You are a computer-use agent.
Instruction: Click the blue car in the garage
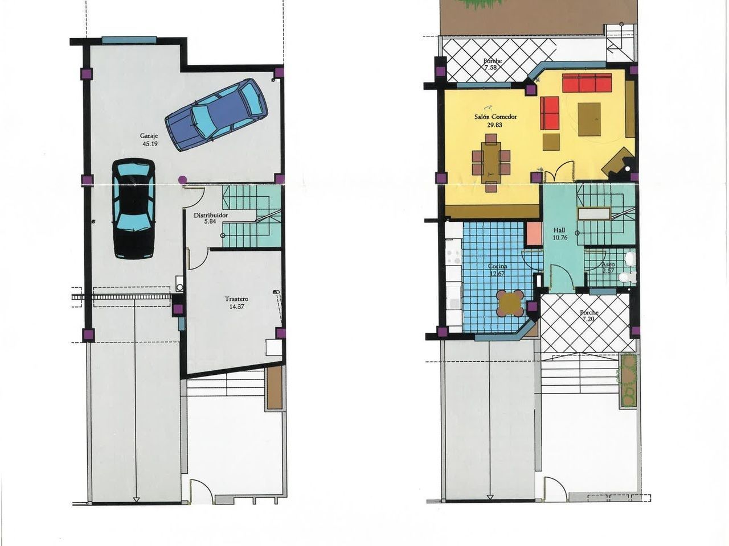pyautogui.click(x=216, y=115)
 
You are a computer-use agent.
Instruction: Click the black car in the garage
pyautogui.click(x=133, y=209)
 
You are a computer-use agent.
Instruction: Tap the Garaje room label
pyautogui.click(x=149, y=135)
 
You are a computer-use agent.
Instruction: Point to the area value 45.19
pyautogui.click(x=150, y=144)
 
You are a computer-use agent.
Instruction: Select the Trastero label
pyautogui.click(x=236, y=299)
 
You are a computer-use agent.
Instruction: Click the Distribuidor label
pyautogui.click(x=211, y=215)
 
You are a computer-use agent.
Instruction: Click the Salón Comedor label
pyautogui.click(x=495, y=117)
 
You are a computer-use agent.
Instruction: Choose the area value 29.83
pyautogui.click(x=494, y=125)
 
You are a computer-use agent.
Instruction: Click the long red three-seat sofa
pyautogui.click(x=587, y=83)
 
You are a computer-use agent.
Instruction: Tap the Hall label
pyautogui.click(x=559, y=230)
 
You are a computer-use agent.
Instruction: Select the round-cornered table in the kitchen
pyautogui.click(x=510, y=303)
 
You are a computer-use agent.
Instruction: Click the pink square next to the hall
pyautogui.click(x=534, y=233)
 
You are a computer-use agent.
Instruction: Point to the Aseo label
pyautogui.click(x=608, y=264)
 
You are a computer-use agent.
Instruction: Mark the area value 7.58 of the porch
pyautogui.click(x=491, y=67)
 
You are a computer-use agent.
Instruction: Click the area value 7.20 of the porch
pyautogui.click(x=588, y=319)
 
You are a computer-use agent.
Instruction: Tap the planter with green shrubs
pyautogui.click(x=628, y=381)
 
